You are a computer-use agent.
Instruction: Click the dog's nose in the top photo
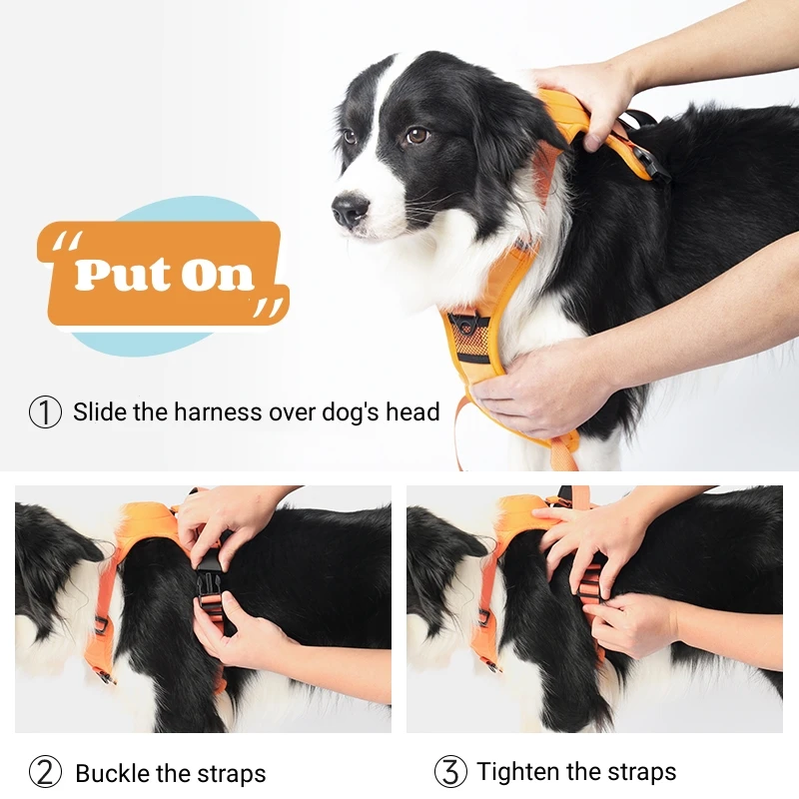(x=349, y=209)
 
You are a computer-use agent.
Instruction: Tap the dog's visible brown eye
(x=416, y=135)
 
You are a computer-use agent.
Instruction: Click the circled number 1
(x=45, y=411)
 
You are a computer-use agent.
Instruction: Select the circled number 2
(x=45, y=772)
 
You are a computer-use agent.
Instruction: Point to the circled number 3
(x=450, y=771)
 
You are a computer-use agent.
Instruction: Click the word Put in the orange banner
(x=121, y=274)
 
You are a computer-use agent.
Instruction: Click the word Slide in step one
(x=98, y=411)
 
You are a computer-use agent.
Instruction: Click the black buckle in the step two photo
(x=210, y=584)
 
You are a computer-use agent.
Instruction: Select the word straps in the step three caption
(x=639, y=771)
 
